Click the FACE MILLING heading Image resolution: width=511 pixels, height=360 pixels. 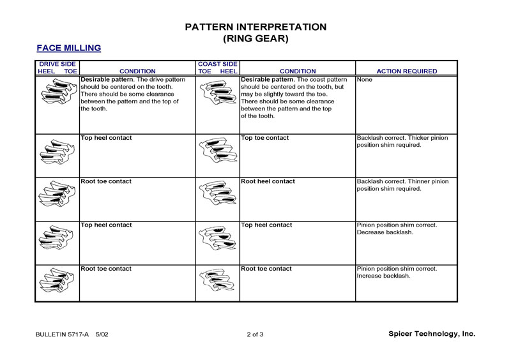(68, 48)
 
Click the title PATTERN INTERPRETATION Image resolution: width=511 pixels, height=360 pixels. (256, 27)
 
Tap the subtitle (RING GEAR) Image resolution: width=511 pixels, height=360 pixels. (256, 38)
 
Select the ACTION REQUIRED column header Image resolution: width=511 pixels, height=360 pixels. (407, 71)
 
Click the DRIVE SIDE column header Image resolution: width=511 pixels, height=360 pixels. (57, 64)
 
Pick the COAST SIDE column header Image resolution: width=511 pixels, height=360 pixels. (217, 64)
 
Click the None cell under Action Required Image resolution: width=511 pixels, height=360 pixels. (364, 80)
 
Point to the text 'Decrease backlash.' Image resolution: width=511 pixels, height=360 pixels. (384, 232)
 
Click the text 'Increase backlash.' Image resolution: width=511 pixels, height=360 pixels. (383, 276)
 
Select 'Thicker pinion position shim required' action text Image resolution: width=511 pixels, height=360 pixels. (402, 141)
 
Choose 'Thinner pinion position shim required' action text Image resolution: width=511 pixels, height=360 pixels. (402, 185)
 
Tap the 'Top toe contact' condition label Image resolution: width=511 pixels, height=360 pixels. (264, 138)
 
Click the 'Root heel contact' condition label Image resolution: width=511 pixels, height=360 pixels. (268, 181)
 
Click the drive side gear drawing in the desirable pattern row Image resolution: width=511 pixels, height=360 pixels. (57, 94)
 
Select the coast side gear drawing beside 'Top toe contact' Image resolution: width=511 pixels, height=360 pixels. (217, 151)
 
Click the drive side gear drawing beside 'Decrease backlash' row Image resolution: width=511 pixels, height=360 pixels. (57, 237)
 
